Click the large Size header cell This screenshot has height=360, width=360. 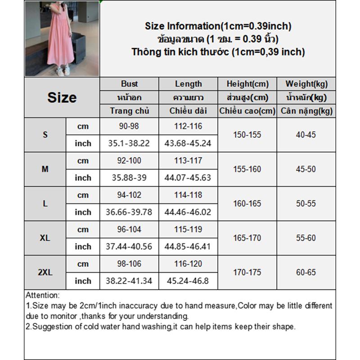click(62, 98)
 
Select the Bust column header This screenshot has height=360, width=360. click(129, 84)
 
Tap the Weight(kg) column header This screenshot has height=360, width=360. click(306, 84)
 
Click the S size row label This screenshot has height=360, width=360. click(45, 135)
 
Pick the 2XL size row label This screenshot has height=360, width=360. click(45, 272)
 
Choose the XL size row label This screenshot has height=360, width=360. click(45, 238)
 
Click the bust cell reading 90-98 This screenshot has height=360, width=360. click(129, 126)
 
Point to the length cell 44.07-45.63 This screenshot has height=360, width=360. click(188, 178)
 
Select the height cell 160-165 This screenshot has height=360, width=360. click(247, 203)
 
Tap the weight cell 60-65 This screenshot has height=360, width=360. click(306, 272)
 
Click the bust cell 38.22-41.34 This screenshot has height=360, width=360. click(129, 281)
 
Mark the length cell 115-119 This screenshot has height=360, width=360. click(188, 229)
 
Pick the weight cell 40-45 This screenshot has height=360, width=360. click(306, 135)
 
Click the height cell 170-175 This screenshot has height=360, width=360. click(247, 272)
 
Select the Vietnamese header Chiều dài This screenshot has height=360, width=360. click(188, 111)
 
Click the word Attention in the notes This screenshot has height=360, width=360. click(42, 296)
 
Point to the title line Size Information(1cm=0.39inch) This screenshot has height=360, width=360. click(218, 26)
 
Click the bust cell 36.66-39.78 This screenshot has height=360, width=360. click(129, 212)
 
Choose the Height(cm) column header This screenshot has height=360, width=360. click(247, 84)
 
